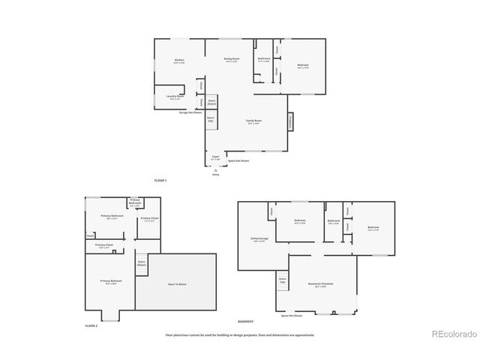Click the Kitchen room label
(179, 61)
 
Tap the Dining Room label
(232, 59)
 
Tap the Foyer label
(215, 157)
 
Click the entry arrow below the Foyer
(216, 170)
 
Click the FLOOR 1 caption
(160, 181)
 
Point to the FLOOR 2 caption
(91, 326)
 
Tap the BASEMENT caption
(245, 321)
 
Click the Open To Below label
(175, 283)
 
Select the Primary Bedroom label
(111, 281)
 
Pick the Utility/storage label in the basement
(259, 240)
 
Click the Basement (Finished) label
(320, 284)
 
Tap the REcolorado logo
(452, 334)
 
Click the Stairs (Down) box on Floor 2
(141, 263)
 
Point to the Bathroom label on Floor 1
(264, 59)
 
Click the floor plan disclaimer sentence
(240, 335)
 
